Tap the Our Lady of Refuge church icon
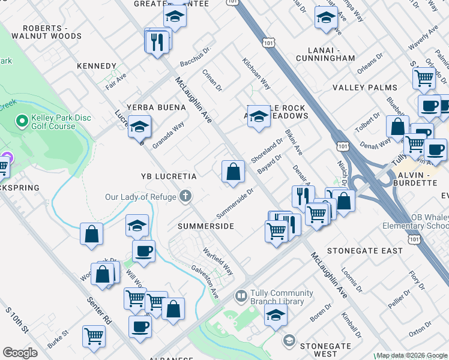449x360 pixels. (x=186, y=196)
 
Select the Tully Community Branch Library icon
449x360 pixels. (x=241, y=297)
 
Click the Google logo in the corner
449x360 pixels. (x=20, y=353)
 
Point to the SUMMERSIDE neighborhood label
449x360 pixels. (x=205, y=226)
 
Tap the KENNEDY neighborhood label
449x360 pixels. (x=97, y=66)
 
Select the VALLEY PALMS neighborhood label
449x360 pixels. (x=366, y=88)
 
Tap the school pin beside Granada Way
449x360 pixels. (x=139, y=127)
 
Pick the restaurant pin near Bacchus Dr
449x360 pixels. (x=157, y=41)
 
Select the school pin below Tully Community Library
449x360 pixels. (x=276, y=314)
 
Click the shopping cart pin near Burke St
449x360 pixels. (x=94, y=337)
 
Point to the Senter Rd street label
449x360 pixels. (x=99, y=310)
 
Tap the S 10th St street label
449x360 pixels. (x=17, y=321)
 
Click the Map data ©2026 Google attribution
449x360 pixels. (x=412, y=355)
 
